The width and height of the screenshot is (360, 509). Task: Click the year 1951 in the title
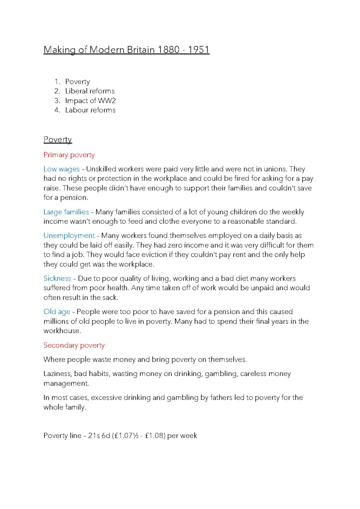click(x=199, y=50)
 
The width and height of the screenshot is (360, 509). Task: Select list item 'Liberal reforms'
click(x=90, y=91)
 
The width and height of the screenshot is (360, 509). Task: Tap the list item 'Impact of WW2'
click(x=90, y=101)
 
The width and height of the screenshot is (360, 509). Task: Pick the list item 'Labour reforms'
click(x=90, y=110)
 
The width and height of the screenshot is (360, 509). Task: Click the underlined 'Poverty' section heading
click(x=58, y=139)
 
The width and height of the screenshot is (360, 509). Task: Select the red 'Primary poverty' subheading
click(x=69, y=155)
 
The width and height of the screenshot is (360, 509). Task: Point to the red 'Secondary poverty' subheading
click(x=74, y=345)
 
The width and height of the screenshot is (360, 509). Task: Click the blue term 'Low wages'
click(x=61, y=169)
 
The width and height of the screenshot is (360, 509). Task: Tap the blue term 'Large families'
click(x=66, y=212)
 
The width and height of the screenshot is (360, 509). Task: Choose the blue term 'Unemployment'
click(x=69, y=236)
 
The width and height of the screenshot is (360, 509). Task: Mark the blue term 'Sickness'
click(x=57, y=278)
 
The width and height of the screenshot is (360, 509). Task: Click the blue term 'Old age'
click(x=57, y=312)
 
